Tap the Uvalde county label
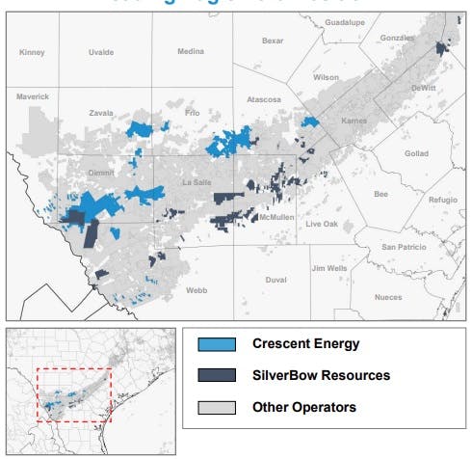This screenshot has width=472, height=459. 100,51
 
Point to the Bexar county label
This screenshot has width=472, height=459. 274,40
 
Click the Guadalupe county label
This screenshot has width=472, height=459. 345,20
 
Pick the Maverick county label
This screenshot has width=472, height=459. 32,95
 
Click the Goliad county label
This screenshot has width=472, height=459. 416,152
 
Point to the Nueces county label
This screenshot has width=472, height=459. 388,297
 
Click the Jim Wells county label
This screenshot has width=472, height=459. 328,267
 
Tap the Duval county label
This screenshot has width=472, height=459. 275,280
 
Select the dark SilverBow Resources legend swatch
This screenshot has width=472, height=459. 217,375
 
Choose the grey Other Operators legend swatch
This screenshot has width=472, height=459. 217,407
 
